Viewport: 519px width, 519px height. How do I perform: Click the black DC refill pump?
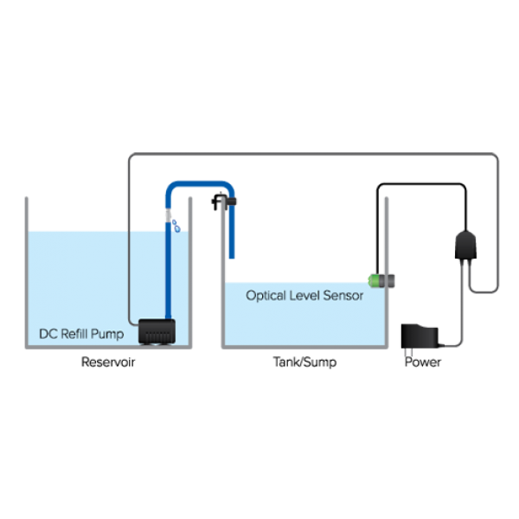[x=157, y=330]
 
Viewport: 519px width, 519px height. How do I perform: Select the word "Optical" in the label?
[x=266, y=295]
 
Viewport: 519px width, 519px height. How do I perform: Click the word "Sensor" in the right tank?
[x=343, y=295]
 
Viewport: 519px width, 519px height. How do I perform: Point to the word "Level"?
[x=304, y=295]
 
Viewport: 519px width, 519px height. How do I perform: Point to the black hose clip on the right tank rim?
[x=226, y=204]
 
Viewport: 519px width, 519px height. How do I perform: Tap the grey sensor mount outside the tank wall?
[x=390, y=280]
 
